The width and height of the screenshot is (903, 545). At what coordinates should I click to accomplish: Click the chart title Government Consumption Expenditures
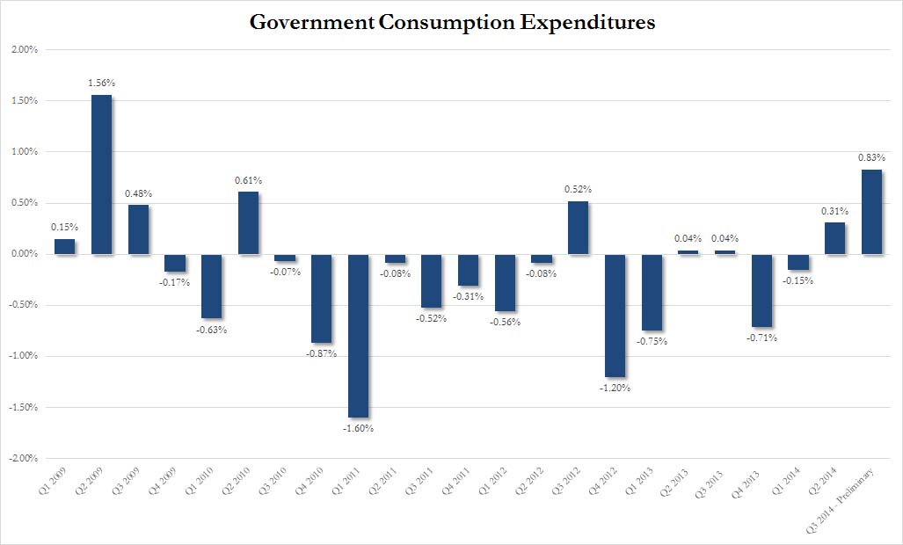pos(452,24)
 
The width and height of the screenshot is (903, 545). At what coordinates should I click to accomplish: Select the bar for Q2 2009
pos(101,174)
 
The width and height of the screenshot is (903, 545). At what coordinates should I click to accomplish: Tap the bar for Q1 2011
pos(358,336)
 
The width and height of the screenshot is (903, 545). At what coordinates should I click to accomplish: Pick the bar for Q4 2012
pos(615,316)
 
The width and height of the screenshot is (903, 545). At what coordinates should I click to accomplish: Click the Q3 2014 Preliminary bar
pos(871,212)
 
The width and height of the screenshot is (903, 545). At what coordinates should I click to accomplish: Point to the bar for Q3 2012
pos(578,228)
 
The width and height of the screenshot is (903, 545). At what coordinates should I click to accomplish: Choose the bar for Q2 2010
pos(248,223)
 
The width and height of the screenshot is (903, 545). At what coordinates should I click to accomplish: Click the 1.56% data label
pos(101,83)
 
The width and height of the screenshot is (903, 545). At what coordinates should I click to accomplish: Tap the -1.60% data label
pos(359,429)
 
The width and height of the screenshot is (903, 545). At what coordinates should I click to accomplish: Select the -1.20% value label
pos(615,388)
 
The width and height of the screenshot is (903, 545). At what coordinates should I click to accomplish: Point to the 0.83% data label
pos(871,157)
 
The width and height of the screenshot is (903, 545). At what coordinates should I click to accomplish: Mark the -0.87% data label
pos(322,353)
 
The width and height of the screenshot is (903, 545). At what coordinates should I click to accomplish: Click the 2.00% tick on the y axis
pos(24,50)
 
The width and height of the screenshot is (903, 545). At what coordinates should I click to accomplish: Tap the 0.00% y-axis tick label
pos(24,255)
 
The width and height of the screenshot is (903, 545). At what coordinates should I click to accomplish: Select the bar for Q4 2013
pos(761,290)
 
